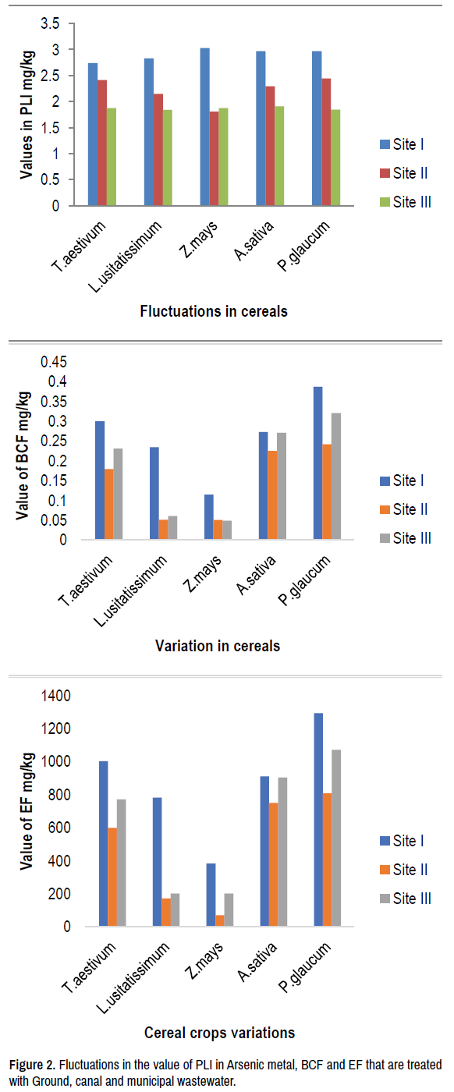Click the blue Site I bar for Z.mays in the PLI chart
205,126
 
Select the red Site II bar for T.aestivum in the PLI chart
102,142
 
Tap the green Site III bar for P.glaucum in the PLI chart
335,158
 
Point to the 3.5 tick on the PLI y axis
50,23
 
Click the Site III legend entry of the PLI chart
406,202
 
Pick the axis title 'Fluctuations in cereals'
214,311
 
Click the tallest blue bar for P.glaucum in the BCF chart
318,463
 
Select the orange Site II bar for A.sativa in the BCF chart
272,495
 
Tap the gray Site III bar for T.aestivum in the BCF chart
118,493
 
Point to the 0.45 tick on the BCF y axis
54,362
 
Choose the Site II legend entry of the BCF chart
404,509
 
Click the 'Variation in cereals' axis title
218,646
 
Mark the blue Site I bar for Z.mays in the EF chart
211,895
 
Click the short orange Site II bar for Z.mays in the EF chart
220,920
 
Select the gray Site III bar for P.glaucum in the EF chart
336,838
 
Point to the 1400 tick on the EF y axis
56,696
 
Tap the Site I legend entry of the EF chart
402,841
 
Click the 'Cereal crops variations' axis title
219,1033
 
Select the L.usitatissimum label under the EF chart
133,978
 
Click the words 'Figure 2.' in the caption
32,1065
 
